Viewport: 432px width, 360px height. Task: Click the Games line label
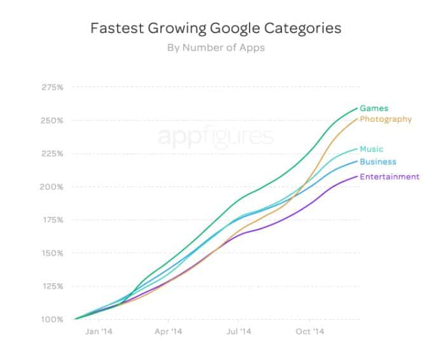(374, 109)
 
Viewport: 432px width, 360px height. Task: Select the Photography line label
(386, 119)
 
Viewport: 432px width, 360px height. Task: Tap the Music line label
(372, 149)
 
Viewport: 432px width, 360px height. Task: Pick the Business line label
(377, 162)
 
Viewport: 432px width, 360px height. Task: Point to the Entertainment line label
(389, 177)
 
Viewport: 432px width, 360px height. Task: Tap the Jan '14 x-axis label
(98, 331)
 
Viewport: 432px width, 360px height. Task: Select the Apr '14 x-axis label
(168, 331)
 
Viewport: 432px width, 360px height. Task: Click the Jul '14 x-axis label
(240, 331)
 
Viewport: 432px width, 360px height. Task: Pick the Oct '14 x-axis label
(311, 331)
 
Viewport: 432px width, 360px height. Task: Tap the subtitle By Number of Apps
(215, 46)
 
